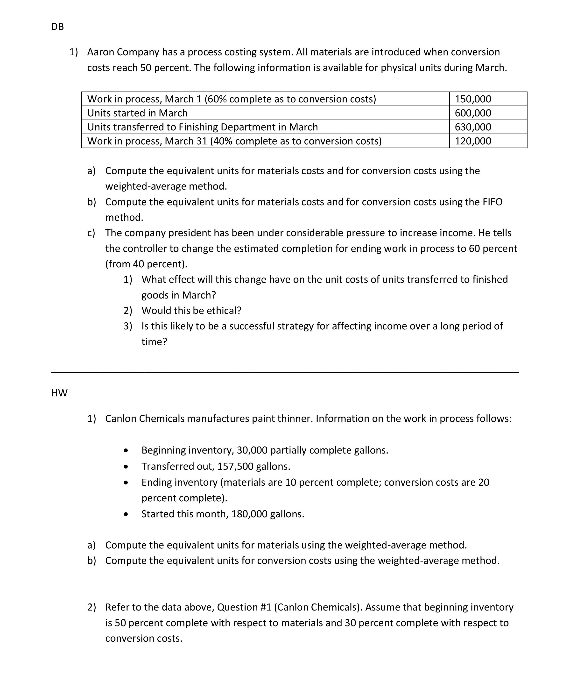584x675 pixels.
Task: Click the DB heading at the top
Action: click(x=57, y=27)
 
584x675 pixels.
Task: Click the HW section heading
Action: click(x=59, y=393)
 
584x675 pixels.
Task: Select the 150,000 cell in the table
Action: click(x=473, y=99)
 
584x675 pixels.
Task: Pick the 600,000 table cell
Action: click(x=473, y=113)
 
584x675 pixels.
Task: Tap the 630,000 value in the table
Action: click(x=473, y=127)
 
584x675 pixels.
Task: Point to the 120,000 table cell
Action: click(x=473, y=141)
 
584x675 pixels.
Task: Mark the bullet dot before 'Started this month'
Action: click(x=126, y=515)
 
